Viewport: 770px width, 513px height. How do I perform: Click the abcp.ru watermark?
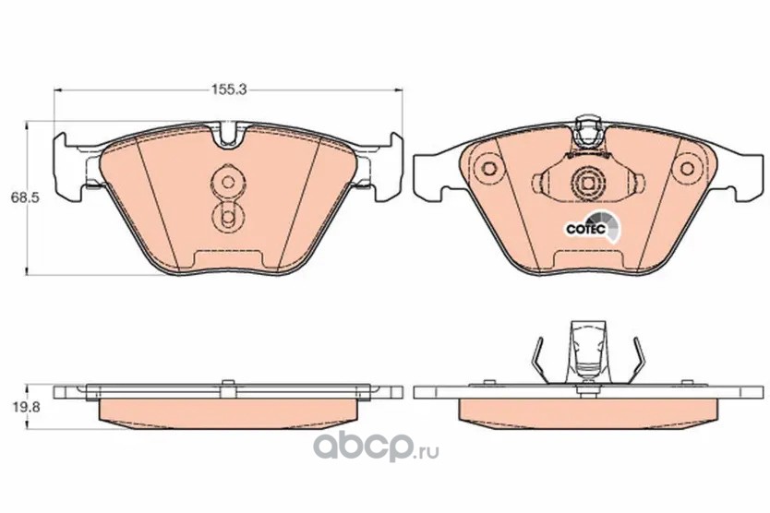pyautogui.click(x=376, y=447)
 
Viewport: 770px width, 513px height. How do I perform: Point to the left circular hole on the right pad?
pyautogui.click(x=488, y=167)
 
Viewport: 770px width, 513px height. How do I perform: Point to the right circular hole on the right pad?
pyautogui.click(x=687, y=167)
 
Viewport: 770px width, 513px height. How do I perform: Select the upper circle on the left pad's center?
pyautogui.click(x=227, y=182)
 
